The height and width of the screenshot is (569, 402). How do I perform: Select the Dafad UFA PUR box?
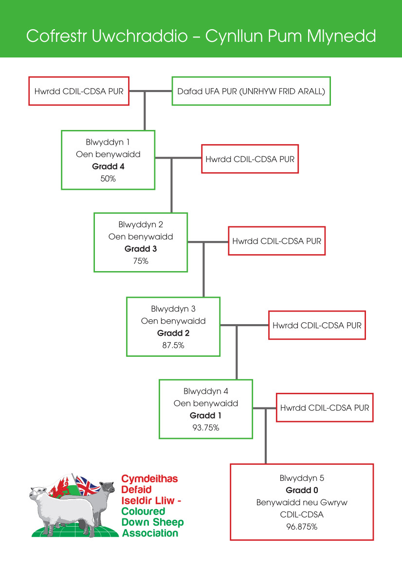[x=251, y=91]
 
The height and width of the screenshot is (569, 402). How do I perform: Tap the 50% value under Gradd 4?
[x=108, y=179]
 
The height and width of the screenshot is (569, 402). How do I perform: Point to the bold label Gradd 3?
[x=141, y=249]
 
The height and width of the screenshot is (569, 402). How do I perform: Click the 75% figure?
[x=141, y=261]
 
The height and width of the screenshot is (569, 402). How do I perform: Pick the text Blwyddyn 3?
[x=173, y=309]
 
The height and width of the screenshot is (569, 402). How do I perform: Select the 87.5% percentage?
[x=173, y=345]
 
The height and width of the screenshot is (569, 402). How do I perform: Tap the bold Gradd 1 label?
[x=206, y=416]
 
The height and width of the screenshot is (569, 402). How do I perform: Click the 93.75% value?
[x=206, y=428]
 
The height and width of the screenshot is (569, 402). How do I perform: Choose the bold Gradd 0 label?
[x=302, y=490]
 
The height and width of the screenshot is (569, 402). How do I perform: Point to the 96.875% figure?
[x=302, y=527]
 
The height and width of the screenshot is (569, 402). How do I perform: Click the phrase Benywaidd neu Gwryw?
[x=302, y=502]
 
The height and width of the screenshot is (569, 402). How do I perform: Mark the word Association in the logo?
[x=150, y=533]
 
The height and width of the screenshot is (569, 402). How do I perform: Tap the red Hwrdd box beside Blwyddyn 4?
[x=325, y=407]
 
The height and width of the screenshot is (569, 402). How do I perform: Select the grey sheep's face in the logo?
[x=108, y=488]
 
